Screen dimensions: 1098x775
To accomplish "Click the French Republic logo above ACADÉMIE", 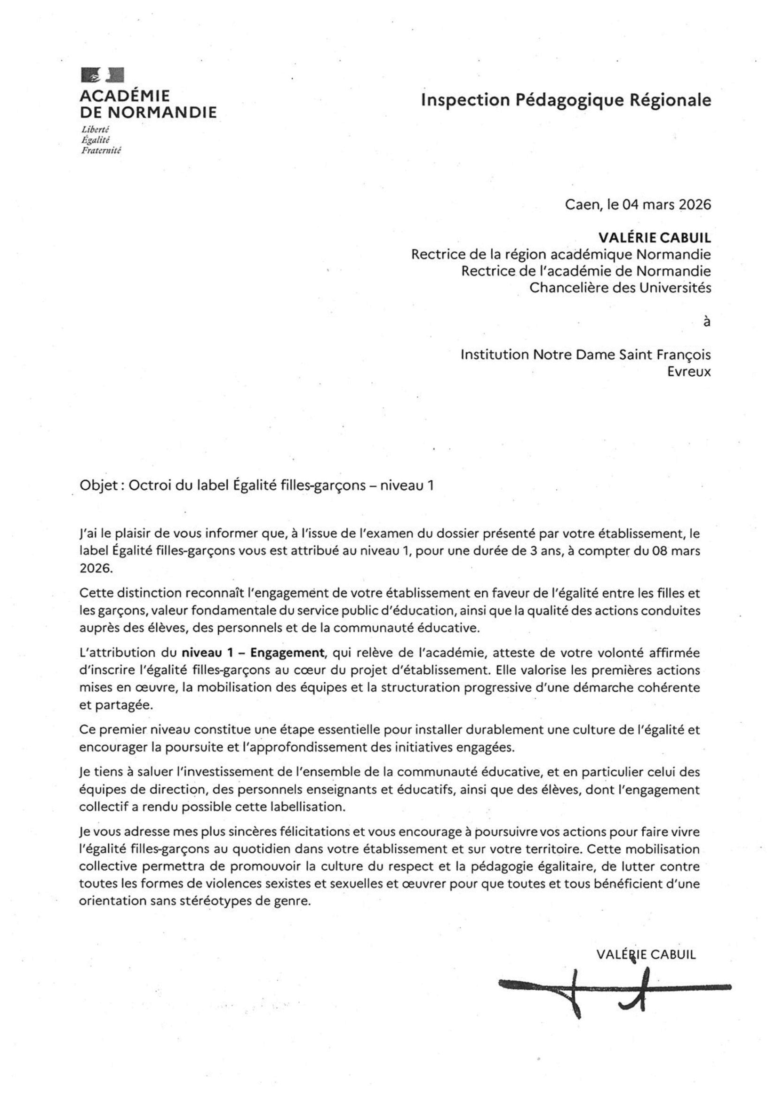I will click(103, 75).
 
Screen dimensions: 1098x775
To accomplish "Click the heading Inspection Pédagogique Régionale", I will click(565, 100).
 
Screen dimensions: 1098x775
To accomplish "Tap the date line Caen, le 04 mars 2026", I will click(638, 205).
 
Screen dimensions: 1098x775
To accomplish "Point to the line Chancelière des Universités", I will click(620, 288).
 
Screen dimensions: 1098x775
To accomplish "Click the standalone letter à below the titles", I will click(707, 322).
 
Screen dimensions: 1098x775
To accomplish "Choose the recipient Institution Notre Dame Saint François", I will click(585, 355).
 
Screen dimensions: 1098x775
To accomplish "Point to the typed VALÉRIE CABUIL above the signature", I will click(646, 954).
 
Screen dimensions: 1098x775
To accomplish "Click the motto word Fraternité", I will click(101, 150).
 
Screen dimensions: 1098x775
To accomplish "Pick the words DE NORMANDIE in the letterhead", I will click(148, 113).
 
